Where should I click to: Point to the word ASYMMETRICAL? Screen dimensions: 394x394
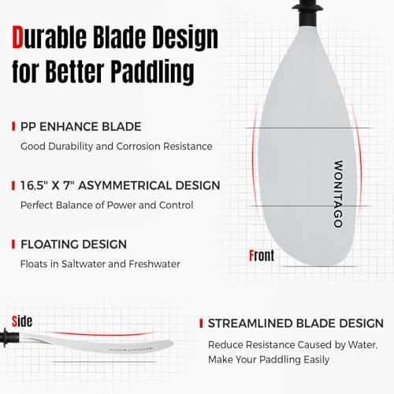pos(141,186)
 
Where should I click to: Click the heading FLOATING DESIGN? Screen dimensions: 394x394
pos(75,244)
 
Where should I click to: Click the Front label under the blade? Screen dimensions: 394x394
pos(262,255)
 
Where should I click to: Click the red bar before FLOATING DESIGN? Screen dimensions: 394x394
pos(13,244)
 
